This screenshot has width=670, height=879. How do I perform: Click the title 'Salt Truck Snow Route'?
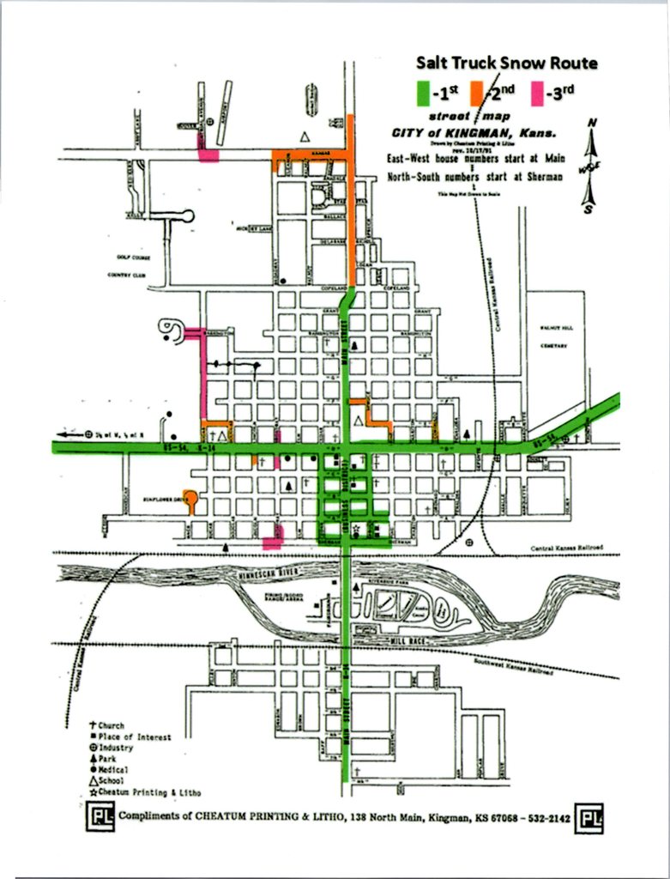pyautogui.click(x=506, y=63)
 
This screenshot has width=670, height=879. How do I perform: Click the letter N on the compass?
pyautogui.click(x=591, y=123)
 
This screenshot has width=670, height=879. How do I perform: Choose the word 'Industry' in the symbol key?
pyautogui.click(x=120, y=748)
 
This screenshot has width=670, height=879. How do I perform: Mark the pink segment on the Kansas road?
pyautogui.click(x=208, y=155)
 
